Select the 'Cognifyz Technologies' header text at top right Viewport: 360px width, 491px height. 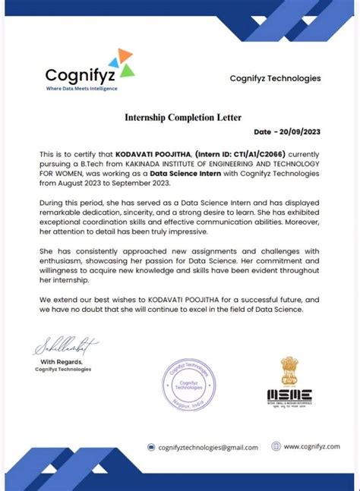[x=275, y=78]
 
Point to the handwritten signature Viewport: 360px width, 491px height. [x=66, y=348]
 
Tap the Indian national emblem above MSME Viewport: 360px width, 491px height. [x=291, y=371]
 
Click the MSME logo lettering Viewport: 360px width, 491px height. [x=289, y=395]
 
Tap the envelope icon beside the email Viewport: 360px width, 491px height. [x=152, y=447]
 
